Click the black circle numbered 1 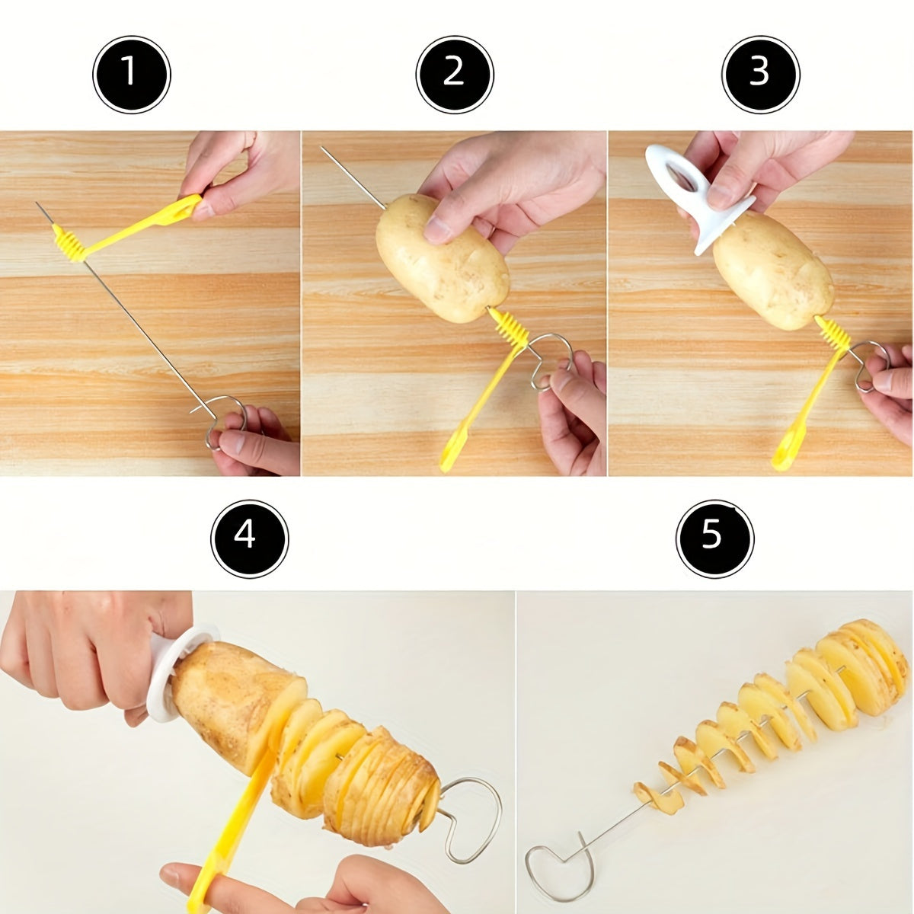tap(132, 75)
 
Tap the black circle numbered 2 tap(455, 75)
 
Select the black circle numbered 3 tap(761, 75)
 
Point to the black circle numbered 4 tap(250, 538)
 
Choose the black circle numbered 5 tap(714, 538)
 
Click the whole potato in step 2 tap(443, 259)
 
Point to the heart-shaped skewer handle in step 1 tap(223, 420)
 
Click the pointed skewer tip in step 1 tap(37, 204)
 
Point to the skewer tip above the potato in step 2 tap(322, 148)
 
